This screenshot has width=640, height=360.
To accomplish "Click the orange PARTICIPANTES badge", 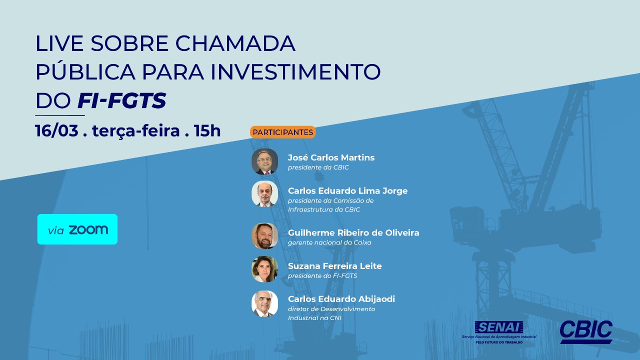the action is [x=283, y=132].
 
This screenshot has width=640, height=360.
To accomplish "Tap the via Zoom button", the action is [x=77, y=229].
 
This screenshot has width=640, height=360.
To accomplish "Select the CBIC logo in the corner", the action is [x=586, y=331].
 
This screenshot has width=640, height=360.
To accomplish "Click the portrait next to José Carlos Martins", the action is [x=265, y=161].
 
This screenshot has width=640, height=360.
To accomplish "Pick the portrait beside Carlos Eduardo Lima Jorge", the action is [x=265, y=193].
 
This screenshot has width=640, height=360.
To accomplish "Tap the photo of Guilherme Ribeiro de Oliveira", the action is [x=265, y=236].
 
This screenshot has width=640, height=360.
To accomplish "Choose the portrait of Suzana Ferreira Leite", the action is [x=265, y=269].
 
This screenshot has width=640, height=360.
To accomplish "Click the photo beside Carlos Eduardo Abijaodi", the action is [x=265, y=303].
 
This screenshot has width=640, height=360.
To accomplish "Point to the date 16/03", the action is [x=56, y=130].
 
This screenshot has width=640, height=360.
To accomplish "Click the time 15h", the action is [x=207, y=130].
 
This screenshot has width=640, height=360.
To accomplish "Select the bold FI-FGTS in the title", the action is [x=122, y=100].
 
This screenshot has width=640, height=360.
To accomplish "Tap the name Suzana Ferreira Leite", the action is [x=335, y=266].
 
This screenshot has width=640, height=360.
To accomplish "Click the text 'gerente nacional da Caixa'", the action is [x=329, y=242].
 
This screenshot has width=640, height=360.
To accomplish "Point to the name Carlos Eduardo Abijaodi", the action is [x=341, y=299].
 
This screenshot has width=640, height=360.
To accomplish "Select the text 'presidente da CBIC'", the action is [x=318, y=167].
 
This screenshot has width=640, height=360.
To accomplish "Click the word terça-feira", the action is [x=136, y=131].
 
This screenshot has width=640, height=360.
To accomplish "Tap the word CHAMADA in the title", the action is [x=235, y=43].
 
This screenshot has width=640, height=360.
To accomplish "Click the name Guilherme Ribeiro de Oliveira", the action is [x=353, y=233].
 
